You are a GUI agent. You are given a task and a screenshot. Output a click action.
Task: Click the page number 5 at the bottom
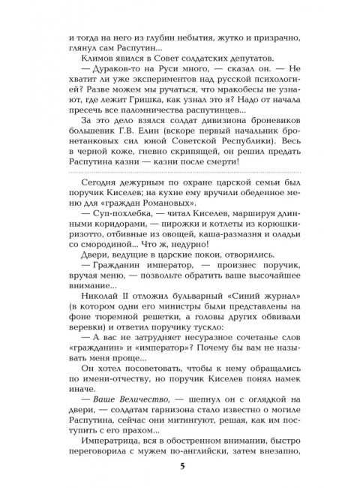point(180,467)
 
